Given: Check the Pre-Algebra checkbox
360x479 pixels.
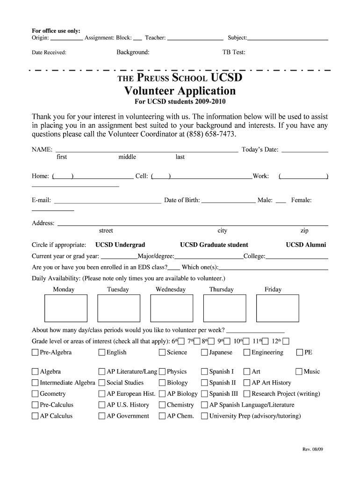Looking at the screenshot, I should point(35,353).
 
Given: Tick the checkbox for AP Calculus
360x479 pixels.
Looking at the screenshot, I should point(35,416).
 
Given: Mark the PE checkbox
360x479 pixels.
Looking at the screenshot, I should point(300,353).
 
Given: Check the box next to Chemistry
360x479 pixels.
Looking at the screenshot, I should point(162,405).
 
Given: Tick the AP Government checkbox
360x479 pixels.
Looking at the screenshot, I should point(102,416).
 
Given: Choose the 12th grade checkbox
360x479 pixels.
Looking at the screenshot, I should point(286,341).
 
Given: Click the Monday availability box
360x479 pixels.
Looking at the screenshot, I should point(65,308).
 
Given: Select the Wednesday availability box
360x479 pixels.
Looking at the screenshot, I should point(171,308).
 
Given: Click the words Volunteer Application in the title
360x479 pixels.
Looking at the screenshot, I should point(180,90).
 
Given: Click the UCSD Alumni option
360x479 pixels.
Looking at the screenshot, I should point(306,245).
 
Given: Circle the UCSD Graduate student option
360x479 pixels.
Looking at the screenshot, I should point(214,245).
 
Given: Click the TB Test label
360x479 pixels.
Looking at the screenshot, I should point(234,52).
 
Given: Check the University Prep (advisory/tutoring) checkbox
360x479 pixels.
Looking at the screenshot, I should point(204,416).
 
